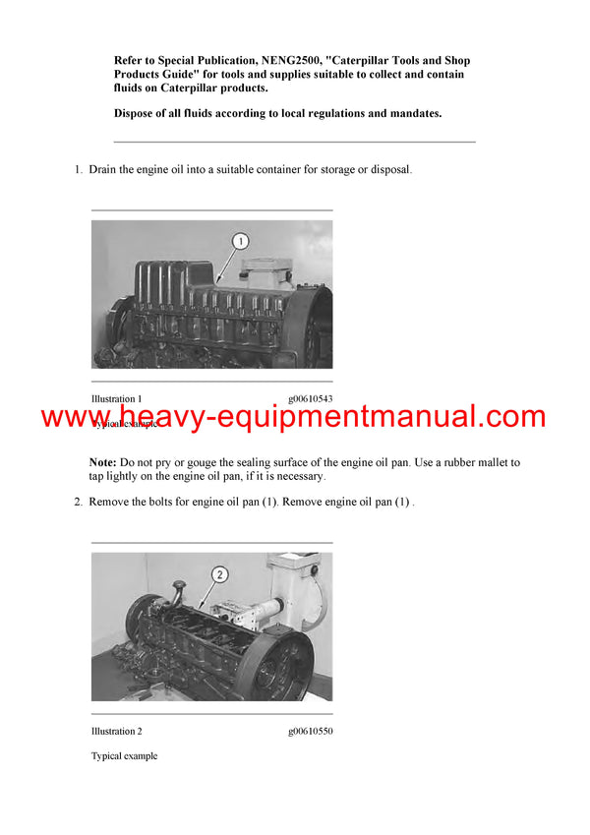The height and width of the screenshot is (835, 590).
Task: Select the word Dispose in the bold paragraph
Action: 136,113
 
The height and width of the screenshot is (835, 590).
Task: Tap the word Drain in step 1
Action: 103,170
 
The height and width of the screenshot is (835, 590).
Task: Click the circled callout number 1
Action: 241,241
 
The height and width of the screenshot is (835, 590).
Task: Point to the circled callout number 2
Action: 219,573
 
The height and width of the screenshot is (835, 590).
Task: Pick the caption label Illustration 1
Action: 117,399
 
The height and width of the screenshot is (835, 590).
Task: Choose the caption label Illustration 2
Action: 117,731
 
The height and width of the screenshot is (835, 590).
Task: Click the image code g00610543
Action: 310,399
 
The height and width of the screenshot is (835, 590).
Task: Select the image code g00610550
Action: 310,731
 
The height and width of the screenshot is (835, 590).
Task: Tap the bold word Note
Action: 103,462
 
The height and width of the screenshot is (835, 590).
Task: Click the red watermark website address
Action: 293,417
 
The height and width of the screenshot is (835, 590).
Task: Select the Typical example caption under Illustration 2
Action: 124,755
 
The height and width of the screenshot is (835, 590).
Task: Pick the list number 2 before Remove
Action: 78,502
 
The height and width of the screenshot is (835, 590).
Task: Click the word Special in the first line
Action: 183,60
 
